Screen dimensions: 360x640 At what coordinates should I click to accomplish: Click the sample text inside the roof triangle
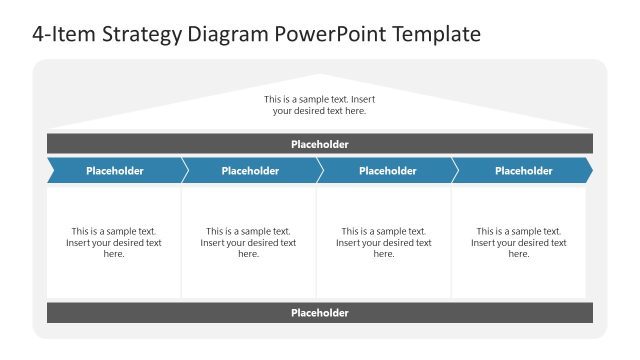point(319,105)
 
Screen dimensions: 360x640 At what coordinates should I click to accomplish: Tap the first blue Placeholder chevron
point(114,171)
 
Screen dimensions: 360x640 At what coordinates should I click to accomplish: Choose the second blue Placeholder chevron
point(250,171)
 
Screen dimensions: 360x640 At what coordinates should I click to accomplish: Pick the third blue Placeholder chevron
point(387,171)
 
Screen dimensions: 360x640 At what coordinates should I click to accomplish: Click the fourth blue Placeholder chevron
point(523,171)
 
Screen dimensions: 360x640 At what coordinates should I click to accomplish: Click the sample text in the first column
point(114,242)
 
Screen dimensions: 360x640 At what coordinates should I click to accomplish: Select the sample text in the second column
point(248,242)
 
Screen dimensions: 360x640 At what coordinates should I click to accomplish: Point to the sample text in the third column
point(384,242)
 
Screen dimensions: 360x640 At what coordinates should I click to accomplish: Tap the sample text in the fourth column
point(519,242)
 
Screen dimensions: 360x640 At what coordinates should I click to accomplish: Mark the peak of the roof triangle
point(319,76)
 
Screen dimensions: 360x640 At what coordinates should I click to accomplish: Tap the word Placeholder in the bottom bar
point(320,313)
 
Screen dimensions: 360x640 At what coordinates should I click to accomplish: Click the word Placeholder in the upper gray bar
point(320,144)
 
